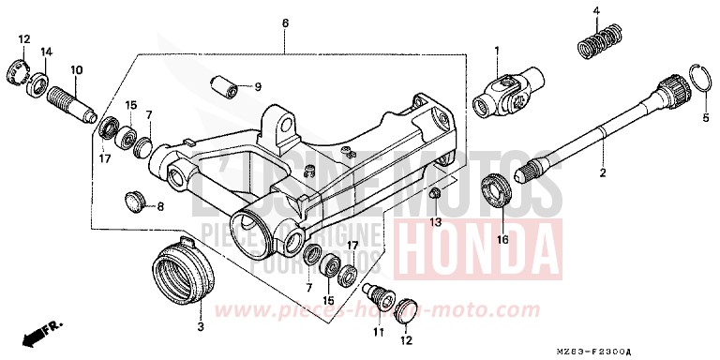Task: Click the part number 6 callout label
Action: [x=285, y=21]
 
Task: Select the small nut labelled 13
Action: [x=436, y=193]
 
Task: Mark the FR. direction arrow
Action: [x=37, y=333]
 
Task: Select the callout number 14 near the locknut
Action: [x=47, y=51]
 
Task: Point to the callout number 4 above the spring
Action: [x=594, y=11]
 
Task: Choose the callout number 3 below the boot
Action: [x=200, y=326]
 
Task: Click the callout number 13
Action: [x=435, y=221]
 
